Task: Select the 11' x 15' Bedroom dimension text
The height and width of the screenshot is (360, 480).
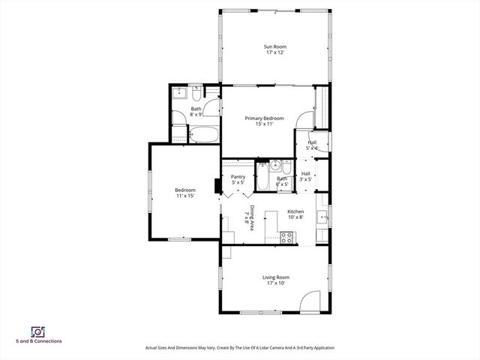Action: [185, 196]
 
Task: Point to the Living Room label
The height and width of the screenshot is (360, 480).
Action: [275, 277]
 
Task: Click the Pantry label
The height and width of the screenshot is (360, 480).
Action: [238, 177]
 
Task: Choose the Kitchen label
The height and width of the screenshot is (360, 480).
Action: [295, 211]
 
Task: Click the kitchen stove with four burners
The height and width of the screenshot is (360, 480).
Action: [286, 237]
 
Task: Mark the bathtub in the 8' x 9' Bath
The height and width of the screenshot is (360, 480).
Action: [203, 135]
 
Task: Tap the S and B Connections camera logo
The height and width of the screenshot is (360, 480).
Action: [37, 331]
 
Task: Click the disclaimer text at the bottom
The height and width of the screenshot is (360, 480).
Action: [239, 348]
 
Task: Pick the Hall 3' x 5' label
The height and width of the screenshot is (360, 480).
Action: [306, 177]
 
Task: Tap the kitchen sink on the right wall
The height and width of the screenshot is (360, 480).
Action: [322, 218]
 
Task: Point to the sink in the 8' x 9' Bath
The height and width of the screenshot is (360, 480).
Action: [180, 94]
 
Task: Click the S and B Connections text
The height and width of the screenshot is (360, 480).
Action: [39, 341]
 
